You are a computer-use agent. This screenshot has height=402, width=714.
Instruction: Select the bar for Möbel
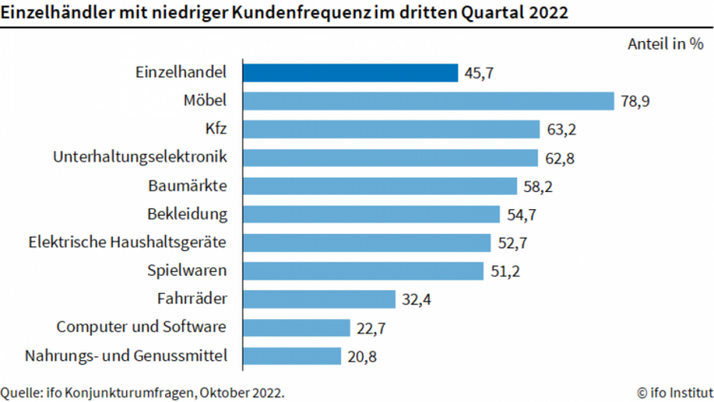click(427, 100)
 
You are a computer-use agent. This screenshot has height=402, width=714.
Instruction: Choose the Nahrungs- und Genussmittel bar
click(291, 356)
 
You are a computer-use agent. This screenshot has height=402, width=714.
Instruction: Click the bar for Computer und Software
click(296, 328)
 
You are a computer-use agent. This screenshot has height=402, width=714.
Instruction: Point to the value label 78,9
click(636, 100)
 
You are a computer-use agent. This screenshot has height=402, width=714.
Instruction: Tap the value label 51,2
click(505, 270)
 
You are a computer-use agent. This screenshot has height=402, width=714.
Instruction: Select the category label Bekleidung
click(186, 213)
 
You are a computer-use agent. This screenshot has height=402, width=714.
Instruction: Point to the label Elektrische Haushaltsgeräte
click(128, 242)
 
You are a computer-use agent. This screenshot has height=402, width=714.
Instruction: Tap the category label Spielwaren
click(186, 270)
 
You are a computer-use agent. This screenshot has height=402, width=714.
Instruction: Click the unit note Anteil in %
click(665, 44)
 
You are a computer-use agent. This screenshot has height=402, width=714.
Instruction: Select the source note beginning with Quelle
click(143, 391)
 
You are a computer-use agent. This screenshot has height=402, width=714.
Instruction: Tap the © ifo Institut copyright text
click(675, 391)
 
